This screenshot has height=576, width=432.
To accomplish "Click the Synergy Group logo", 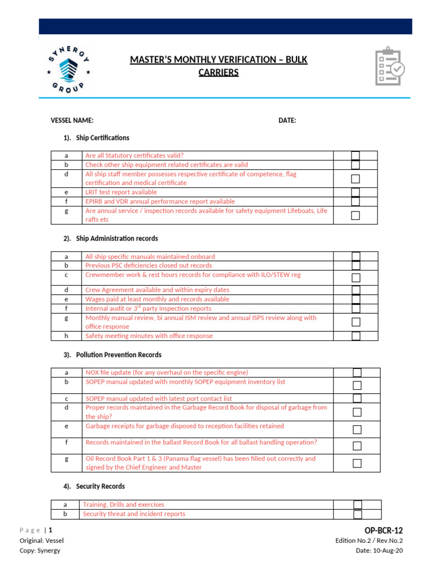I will pos(67,69).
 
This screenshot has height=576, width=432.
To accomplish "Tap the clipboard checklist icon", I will pos(390,66).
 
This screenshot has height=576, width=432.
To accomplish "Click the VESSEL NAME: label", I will pos(72,120).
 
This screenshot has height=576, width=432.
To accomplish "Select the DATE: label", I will pos(287,120).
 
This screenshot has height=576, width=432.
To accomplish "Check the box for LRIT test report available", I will pos(355,192).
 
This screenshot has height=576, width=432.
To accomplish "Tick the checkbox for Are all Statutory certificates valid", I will pos(355,156).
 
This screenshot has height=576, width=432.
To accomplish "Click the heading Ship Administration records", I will pos(116,238).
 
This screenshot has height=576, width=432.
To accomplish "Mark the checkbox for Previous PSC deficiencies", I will pos(355,265).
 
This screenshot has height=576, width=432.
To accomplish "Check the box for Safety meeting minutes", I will pos(355,336).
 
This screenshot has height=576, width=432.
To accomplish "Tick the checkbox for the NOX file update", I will pos(357,372).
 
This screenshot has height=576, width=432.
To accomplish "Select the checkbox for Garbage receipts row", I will pos(357,430).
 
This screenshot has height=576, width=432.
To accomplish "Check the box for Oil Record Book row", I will pos(357,463).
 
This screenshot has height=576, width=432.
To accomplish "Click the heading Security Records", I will pos(100,486).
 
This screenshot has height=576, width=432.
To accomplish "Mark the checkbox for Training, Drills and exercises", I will pos(357,505).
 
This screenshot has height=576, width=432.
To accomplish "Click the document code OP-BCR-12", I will pos(384,530).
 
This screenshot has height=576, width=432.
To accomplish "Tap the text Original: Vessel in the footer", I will pos(42,541).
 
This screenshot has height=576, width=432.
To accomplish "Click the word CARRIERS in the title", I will pos(219,73).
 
